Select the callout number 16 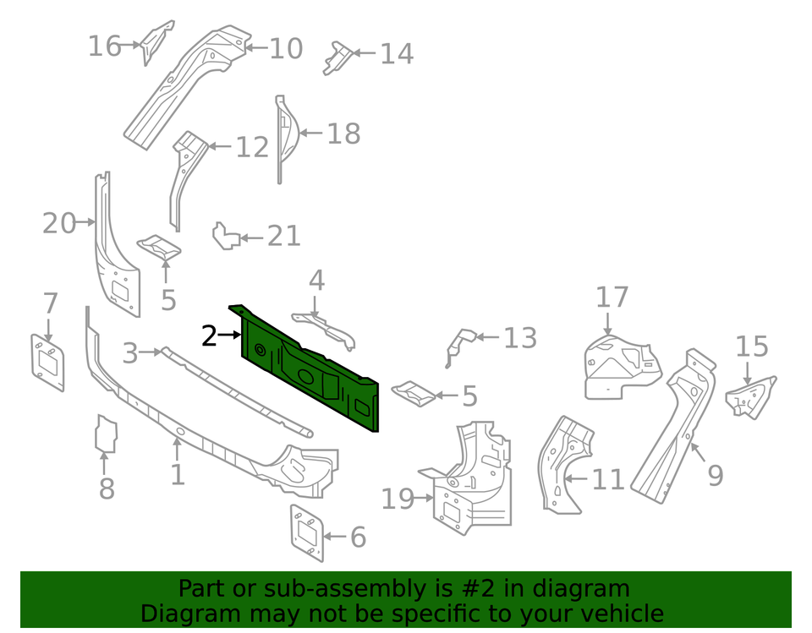(x=105, y=46)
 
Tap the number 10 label (x=286, y=49)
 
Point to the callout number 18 (x=343, y=134)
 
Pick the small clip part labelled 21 (x=224, y=237)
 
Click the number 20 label (x=58, y=224)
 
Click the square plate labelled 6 (x=307, y=531)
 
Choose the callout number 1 (x=177, y=473)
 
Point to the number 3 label (x=129, y=352)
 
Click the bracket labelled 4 (x=326, y=326)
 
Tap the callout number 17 (x=612, y=297)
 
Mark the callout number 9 (x=715, y=476)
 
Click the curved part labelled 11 (x=559, y=465)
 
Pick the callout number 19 (x=398, y=499)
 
